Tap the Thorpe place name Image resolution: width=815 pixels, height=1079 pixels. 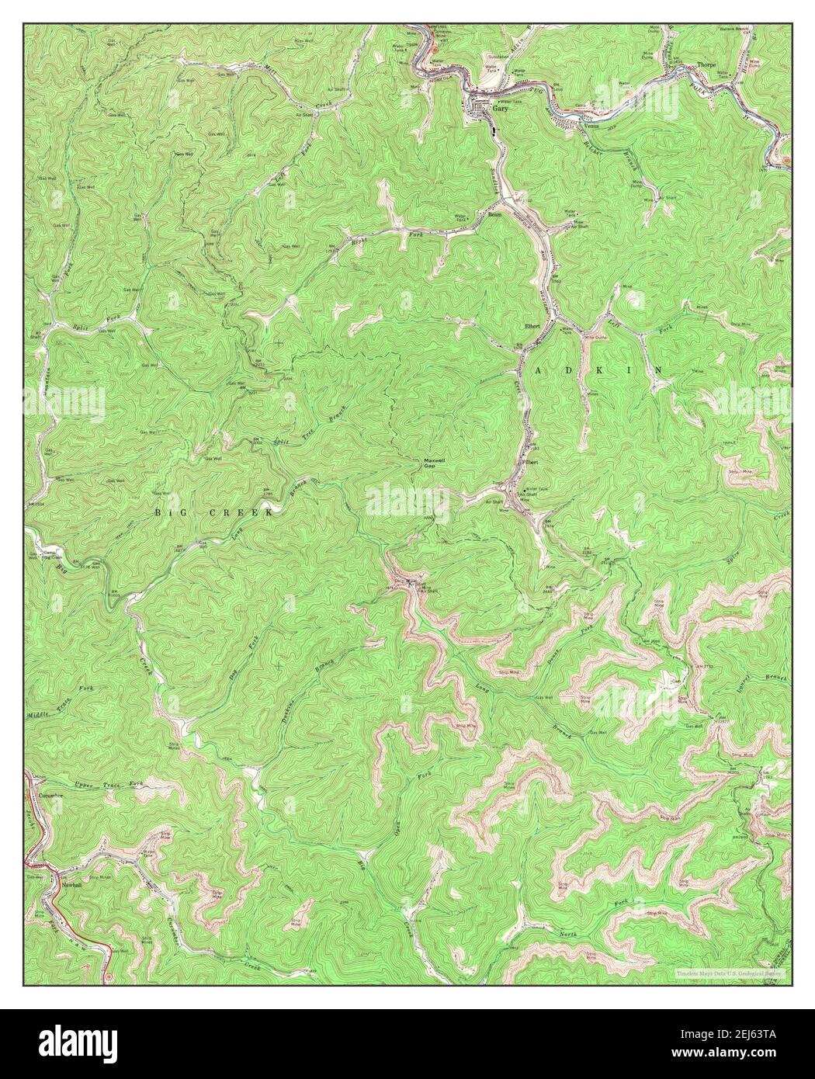coord(706,66)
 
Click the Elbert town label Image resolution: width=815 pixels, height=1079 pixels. coord(532,326)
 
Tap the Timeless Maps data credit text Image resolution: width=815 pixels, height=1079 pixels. coord(730,972)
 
